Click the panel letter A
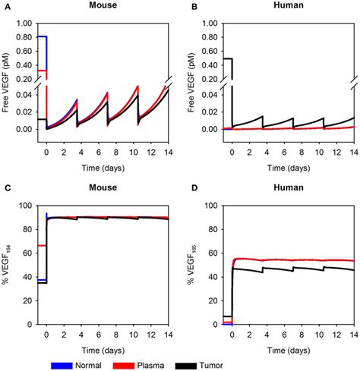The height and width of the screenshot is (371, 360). pos(5,7)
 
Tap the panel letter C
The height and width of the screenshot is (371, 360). pos(5,187)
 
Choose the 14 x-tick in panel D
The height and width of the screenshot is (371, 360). pos(352,335)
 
